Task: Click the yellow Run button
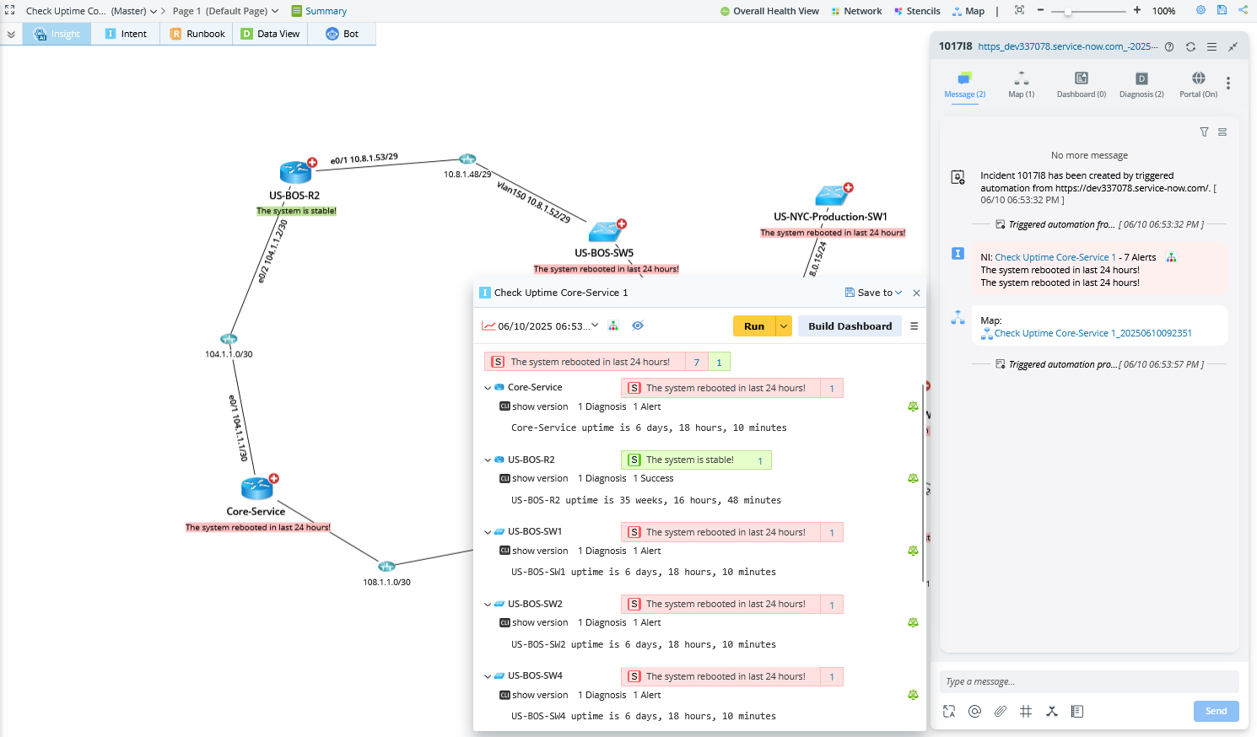pos(753,326)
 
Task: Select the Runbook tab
pos(197,34)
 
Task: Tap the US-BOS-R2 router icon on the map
pos(295,172)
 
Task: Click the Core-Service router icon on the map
pos(256,488)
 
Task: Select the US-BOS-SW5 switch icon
pos(605,230)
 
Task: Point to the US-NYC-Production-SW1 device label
pos(830,217)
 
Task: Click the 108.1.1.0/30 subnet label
pos(386,582)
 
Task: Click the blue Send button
pos(1216,711)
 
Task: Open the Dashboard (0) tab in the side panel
pos(1081,83)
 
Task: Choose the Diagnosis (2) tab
pos(1141,83)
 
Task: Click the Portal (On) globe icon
pos(1198,78)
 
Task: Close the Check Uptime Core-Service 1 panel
pos(916,293)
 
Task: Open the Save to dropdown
pos(874,293)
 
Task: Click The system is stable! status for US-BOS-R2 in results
pos(689,460)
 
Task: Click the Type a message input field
pos(1088,681)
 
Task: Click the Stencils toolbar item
pos(917,11)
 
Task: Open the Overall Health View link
pos(769,11)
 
